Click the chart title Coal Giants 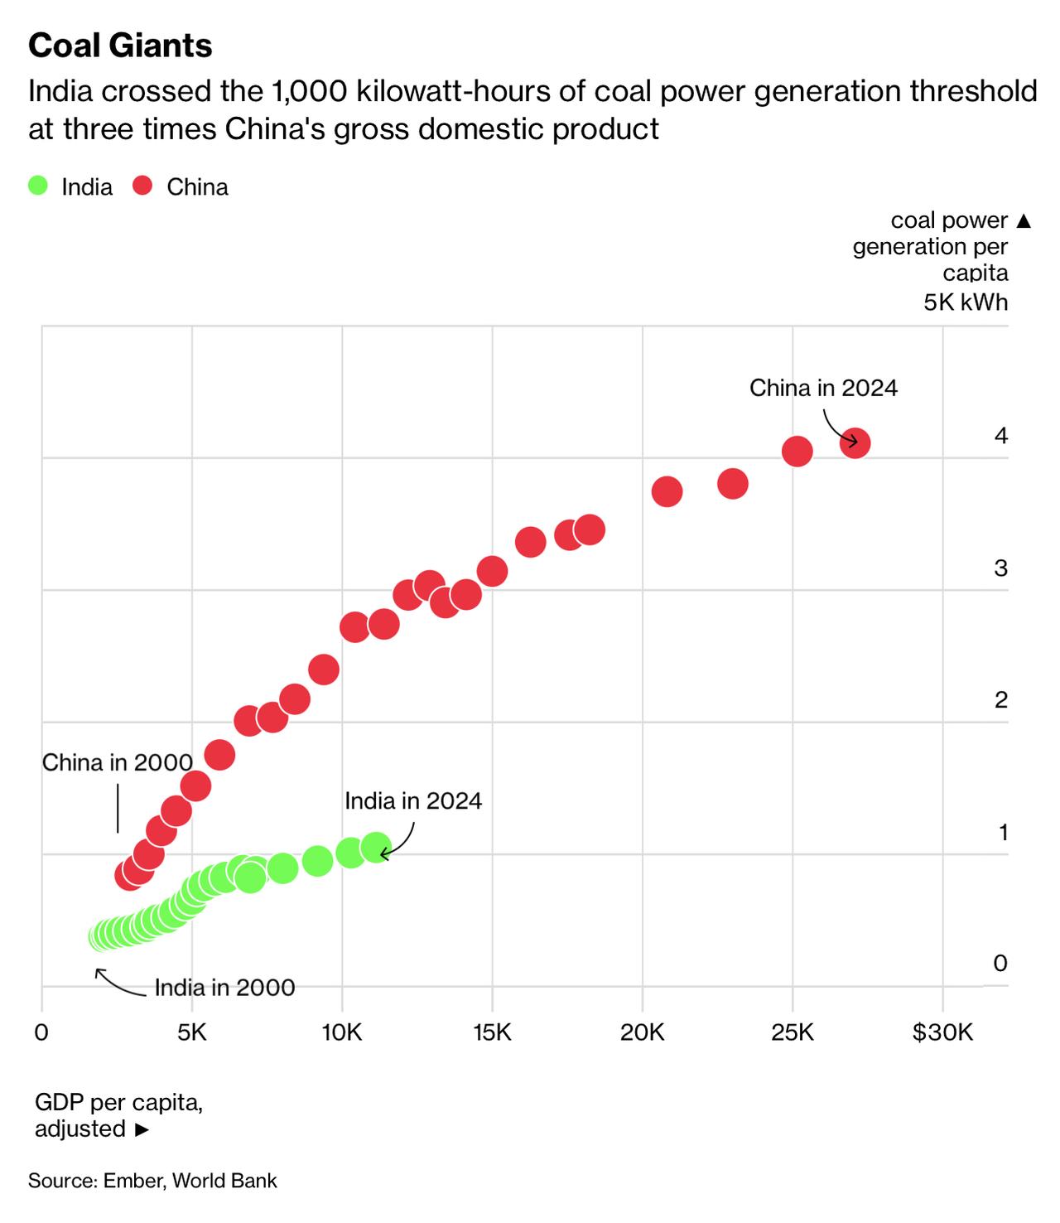coord(120,46)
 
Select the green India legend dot coord(38,186)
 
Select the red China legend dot coord(143,186)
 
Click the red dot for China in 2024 coord(855,443)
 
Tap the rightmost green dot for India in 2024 coord(376,848)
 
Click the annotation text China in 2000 coord(117,762)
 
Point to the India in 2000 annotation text coord(224,988)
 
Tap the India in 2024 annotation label coord(412,800)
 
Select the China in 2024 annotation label coord(823,388)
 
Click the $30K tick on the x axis coord(942,1032)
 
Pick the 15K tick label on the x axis coord(492,1032)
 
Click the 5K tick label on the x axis coord(191,1032)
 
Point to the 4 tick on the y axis coord(1000,436)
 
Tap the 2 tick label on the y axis coord(1000,700)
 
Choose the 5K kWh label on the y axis coord(966,302)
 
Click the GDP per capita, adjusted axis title coord(118,1115)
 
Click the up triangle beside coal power coord(1024,221)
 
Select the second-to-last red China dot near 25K coord(797,452)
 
